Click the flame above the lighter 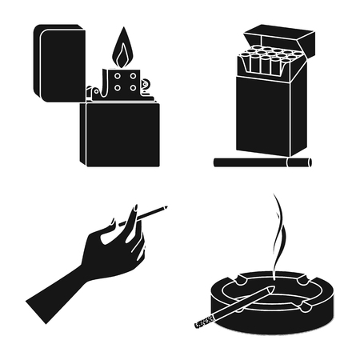[x=122, y=50]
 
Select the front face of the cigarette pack [x=265, y=120]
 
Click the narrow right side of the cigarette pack [x=299, y=112]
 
